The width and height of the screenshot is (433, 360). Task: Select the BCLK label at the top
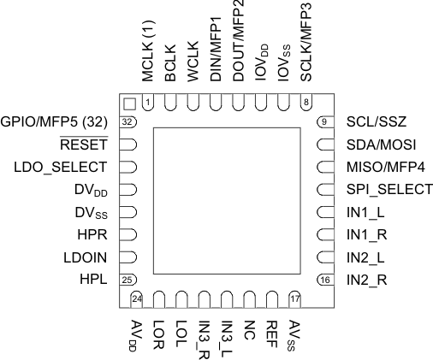tap(170, 69)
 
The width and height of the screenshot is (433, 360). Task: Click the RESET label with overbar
tap(86, 144)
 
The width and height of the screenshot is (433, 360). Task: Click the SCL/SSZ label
tap(375, 121)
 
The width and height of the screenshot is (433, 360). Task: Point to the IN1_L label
tap(365, 211)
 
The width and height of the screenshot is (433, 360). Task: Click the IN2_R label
tap(366, 279)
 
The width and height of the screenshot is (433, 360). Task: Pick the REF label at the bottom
tap(272, 328)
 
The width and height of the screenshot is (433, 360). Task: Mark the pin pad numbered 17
tap(295, 297)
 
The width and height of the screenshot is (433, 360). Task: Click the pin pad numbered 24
tap(136, 297)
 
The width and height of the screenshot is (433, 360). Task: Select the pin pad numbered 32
tap(128, 121)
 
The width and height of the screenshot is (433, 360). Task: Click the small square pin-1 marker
tap(129, 103)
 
